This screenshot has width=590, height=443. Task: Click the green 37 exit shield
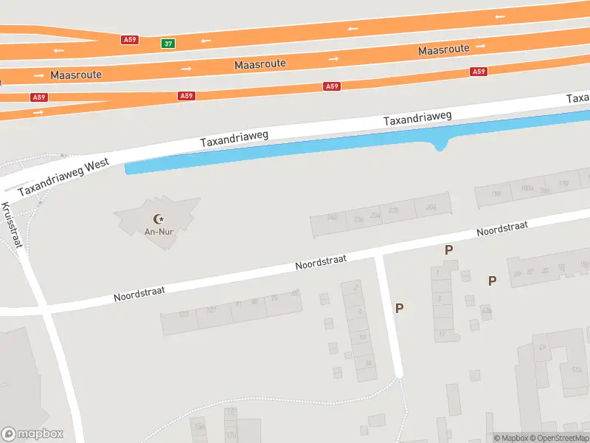click(x=169, y=44)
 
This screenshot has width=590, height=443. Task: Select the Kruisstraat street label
click(x=12, y=226)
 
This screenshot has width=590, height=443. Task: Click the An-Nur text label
click(x=158, y=232)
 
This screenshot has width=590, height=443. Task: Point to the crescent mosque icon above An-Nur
click(x=158, y=219)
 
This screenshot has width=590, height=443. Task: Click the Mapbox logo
click(x=32, y=434)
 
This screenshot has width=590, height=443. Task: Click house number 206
click(x=431, y=207)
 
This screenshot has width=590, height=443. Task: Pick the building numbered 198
click(x=496, y=194)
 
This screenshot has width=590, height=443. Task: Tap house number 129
click(x=184, y=315)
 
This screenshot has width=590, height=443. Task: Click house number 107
click(x=212, y=310)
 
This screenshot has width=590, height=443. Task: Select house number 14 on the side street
click(x=368, y=363)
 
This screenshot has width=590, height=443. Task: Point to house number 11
click(x=441, y=334)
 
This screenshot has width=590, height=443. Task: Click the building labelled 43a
click(x=486, y=311)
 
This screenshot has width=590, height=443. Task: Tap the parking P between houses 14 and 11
click(x=399, y=309)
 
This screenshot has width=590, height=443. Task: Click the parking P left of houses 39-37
click(x=492, y=281)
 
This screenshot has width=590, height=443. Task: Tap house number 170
click(x=563, y=183)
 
